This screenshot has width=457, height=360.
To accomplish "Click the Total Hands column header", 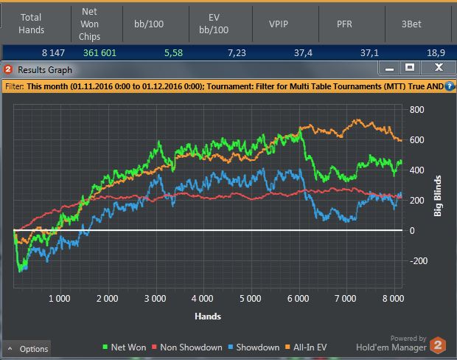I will click(x=32, y=24).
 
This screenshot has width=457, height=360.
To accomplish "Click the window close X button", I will click(x=438, y=68).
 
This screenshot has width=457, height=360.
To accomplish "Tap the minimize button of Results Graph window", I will click(x=389, y=68).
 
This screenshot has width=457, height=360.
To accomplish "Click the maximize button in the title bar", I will click(x=410, y=68).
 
